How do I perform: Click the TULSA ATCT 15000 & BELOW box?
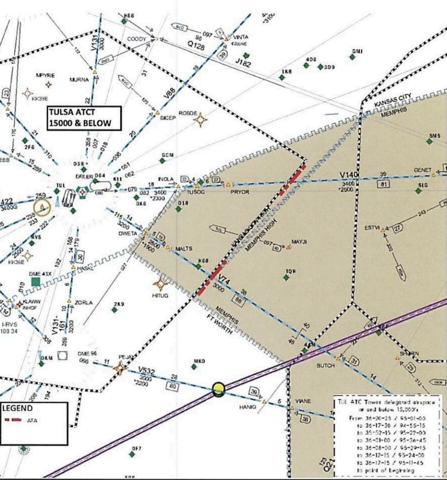(x=84, y=117)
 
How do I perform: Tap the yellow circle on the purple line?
(x=218, y=389)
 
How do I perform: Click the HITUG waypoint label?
(x=160, y=295)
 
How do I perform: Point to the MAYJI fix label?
(x=299, y=241)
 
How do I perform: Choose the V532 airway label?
(x=146, y=371)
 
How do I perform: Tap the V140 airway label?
(x=349, y=175)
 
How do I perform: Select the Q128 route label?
(x=196, y=45)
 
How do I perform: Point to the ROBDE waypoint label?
(x=188, y=113)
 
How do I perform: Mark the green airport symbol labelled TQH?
(x=286, y=278)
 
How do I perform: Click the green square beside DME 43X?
(x=35, y=282)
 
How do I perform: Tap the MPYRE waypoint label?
(x=45, y=75)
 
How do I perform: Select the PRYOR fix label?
(x=240, y=192)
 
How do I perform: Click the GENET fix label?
(x=422, y=170)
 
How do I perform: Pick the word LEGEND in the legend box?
(x=17, y=408)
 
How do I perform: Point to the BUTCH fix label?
(x=325, y=365)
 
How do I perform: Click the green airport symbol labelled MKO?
(x=194, y=367)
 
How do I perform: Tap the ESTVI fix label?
(x=372, y=228)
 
